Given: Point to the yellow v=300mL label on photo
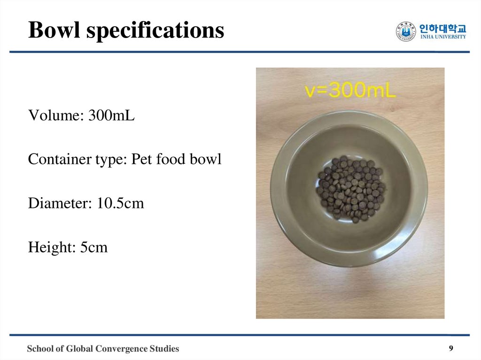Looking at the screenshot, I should tap(350, 90).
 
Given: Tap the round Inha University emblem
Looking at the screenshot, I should tap(406, 32).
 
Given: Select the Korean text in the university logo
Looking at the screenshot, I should tap(443, 28).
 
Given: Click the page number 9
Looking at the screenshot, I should tap(451, 348).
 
